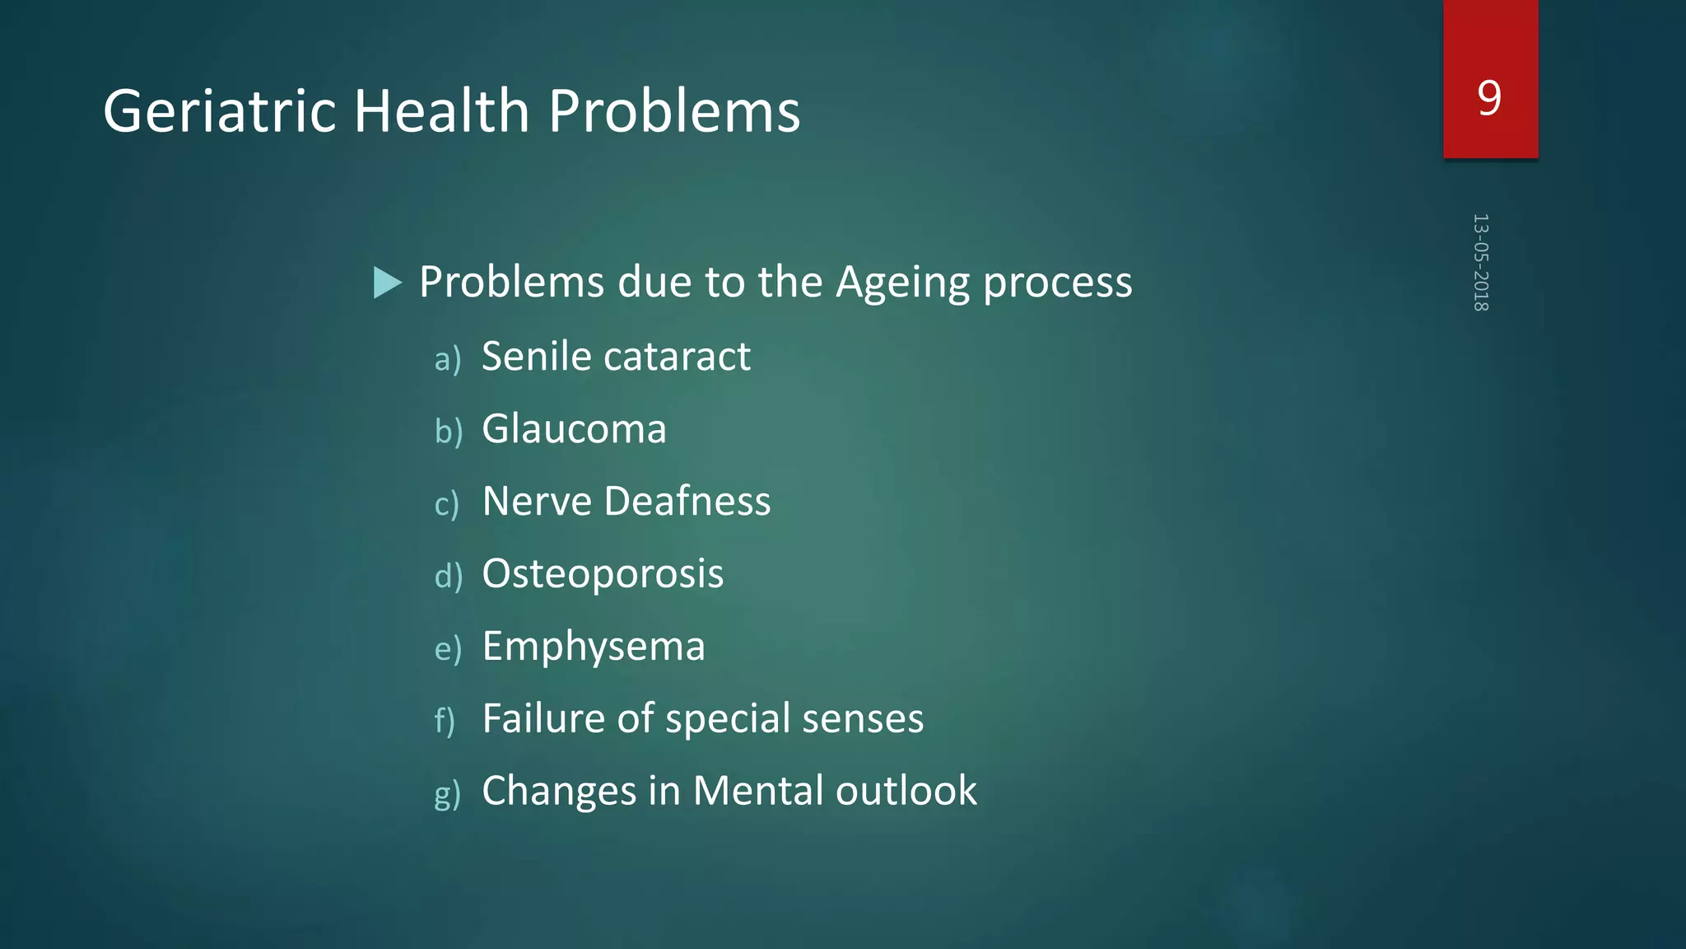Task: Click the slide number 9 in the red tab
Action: click(x=1489, y=98)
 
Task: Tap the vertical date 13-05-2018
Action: click(x=1480, y=262)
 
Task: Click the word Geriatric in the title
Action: click(x=219, y=111)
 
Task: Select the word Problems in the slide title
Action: click(x=673, y=111)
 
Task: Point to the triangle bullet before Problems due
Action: click(x=386, y=283)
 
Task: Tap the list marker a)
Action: click(x=447, y=359)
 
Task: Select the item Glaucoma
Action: click(x=574, y=429)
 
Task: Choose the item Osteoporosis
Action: click(x=603, y=574)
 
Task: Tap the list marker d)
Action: click(x=448, y=576)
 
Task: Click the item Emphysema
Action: click(x=594, y=647)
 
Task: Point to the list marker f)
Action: click(x=445, y=720)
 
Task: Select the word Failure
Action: click(x=544, y=718)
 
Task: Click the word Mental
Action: click(x=758, y=791)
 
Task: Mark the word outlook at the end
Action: click(x=906, y=791)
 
